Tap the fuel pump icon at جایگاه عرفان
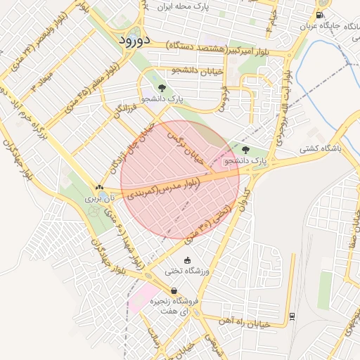[321, 15]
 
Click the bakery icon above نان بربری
[99, 188]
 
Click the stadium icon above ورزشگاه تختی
[187, 260]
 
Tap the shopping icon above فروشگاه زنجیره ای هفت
[174, 290]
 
